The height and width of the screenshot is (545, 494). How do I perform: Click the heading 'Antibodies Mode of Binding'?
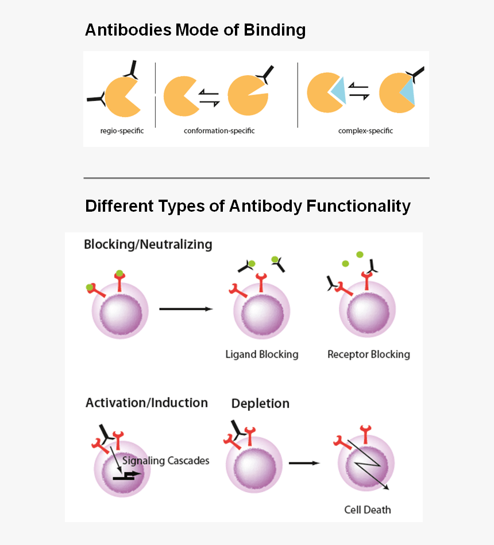tap(195, 30)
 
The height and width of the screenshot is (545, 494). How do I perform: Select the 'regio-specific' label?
tap(122, 131)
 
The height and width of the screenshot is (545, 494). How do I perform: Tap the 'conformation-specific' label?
tap(219, 131)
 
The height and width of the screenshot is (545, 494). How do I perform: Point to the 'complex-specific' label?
tap(365, 131)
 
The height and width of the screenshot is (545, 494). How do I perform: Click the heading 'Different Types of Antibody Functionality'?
tap(248, 206)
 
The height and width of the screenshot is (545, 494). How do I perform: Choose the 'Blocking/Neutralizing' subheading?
tap(148, 244)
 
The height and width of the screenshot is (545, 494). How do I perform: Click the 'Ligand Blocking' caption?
tap(262, 354)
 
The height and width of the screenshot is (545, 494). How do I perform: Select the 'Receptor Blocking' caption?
tap(369, 354)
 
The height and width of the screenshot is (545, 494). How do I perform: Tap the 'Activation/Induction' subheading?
tap(146, 403)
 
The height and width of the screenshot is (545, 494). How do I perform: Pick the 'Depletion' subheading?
tap(260, 403)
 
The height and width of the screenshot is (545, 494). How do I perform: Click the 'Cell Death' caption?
tap(368, 509)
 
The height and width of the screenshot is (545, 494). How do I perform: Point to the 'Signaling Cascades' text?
tap(166, 461)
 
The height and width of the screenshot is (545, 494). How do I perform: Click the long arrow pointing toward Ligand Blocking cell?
tap(186, 309)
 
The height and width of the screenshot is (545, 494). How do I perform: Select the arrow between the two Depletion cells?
tap(304, 462)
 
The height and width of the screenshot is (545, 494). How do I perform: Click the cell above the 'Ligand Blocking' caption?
tap(261, 313)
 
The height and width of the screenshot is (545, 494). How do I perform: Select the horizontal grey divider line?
tap(256, 178)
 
